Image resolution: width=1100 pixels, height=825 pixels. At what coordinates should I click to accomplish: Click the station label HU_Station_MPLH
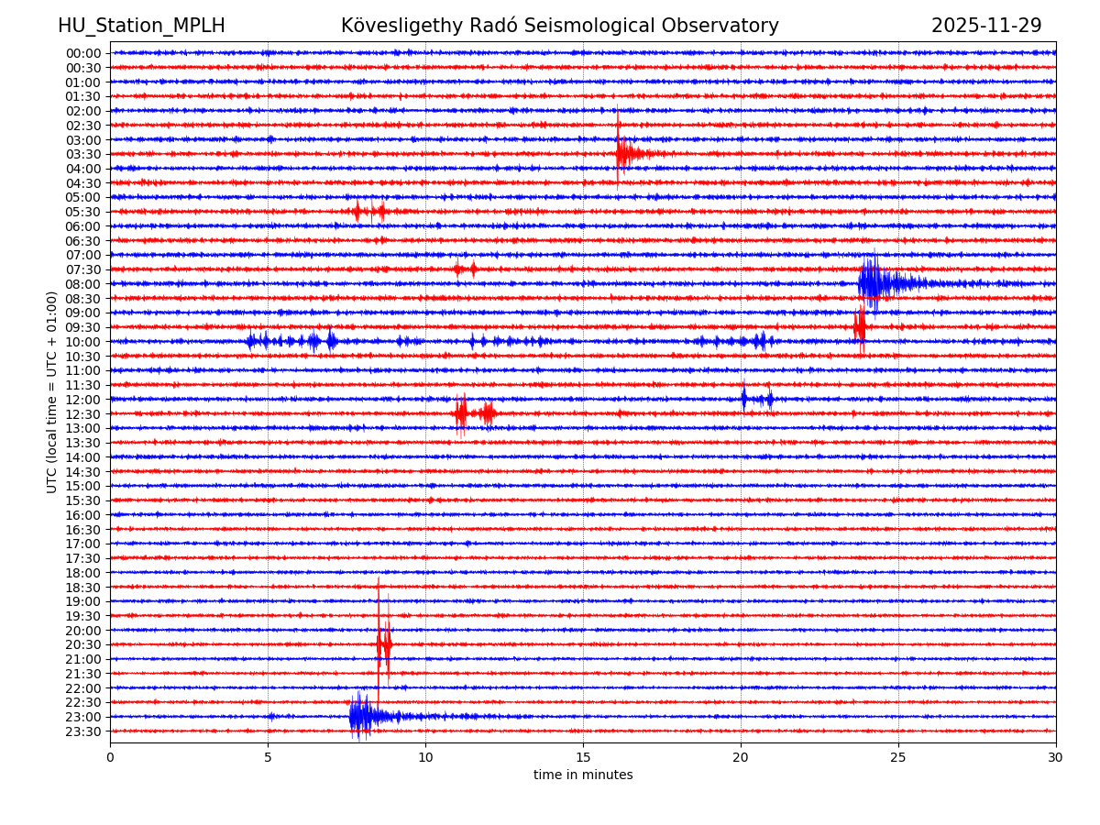coord(141,27)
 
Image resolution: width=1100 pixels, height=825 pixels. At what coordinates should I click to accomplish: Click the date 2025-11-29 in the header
coord(986,27)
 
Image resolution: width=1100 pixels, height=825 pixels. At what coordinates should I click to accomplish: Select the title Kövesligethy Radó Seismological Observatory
coord(559,27)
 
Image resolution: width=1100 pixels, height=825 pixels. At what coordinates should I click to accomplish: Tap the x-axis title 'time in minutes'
coord(583,775)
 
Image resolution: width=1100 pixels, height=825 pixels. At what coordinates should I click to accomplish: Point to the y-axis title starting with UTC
coord(52,391)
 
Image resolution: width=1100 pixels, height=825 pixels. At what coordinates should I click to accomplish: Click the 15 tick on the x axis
coord(583,757)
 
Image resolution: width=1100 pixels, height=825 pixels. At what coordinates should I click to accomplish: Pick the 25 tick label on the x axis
coord(898,757)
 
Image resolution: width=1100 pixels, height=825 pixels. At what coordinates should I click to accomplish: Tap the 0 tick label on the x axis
coord(110,757)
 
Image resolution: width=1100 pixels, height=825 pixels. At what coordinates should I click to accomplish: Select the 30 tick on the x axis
coord(1056,757)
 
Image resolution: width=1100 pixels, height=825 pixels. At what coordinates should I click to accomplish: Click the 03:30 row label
coord(83,154)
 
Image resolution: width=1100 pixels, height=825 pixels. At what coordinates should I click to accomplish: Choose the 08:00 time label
coord(83,284)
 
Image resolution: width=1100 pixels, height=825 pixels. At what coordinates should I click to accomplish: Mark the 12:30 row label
coord(83,414)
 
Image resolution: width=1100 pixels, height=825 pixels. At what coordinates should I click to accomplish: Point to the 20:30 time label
coord(83,645)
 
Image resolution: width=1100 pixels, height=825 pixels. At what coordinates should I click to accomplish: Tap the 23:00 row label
coord(83,717)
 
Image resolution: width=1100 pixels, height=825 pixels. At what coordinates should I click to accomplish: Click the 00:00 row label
coord(83,53)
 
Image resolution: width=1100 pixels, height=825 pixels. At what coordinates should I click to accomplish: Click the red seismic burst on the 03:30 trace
coord(623,153)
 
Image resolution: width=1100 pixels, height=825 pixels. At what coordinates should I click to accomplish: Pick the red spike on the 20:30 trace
coord(382,644)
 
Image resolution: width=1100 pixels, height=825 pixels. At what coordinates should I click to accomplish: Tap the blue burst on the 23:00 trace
coord(360,716)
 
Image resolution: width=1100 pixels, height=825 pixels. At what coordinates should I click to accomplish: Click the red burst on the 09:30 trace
coord(859,326)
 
